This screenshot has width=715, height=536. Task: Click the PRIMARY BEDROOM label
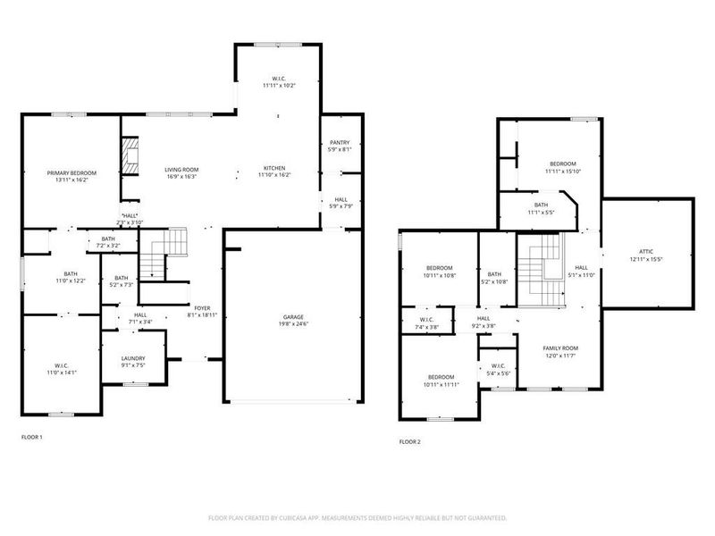72,172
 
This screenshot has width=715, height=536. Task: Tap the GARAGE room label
294,317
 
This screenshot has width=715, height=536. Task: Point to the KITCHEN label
274,169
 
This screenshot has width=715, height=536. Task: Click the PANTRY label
340,143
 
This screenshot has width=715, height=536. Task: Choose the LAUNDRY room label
133,358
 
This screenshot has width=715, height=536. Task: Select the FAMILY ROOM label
560,348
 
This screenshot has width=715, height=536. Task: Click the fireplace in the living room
130,155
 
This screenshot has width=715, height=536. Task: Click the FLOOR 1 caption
31,438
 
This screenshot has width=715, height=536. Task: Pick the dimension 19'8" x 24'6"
294,325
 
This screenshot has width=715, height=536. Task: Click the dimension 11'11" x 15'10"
563,172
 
